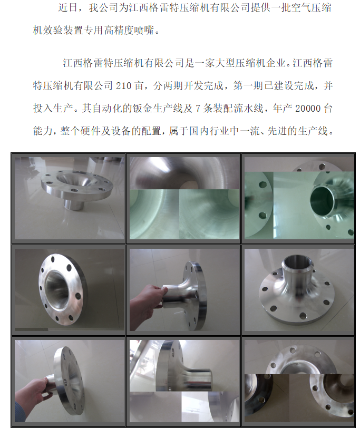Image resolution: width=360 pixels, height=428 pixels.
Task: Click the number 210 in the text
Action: (124, 86)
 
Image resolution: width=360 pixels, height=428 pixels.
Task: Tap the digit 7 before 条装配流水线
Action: (198, 109)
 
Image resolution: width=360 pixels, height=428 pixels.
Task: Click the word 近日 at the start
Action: (67, 7)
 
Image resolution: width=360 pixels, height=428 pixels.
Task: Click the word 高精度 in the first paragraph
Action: (119, 30)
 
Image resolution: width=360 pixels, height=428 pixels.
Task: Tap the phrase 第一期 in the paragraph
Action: (248, 86)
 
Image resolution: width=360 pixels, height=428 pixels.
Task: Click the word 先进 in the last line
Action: (277, 131)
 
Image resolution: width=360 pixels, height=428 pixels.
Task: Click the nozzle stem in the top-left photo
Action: (73, 204)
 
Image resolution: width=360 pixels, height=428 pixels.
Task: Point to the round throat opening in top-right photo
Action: (322, 201)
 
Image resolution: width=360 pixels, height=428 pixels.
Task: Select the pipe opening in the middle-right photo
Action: (297, 262)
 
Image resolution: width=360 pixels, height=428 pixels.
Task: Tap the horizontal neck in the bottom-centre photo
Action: (196, 379)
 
